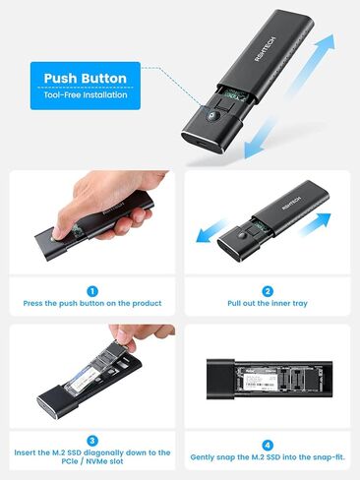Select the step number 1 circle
click(x=90, y=291)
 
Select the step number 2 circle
click(x=269, y=291)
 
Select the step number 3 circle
click(x=90, y=440)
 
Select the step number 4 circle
click(x=269, y=440)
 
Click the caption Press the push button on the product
click(x=90, y=304)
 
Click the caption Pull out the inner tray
click(x=269, y=304)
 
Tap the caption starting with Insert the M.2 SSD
click(x=91, y=457)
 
